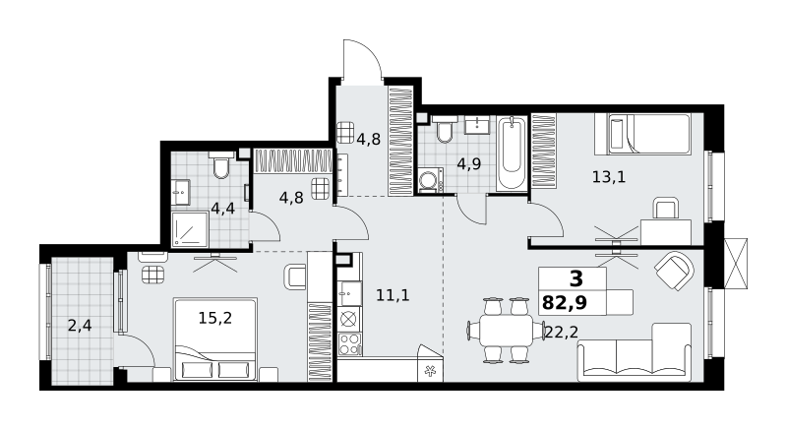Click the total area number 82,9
click(565, 304)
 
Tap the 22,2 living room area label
click(561, 332)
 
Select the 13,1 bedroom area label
click(609, 177)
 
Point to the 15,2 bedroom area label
click(215, 318)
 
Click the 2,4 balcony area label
click(80, 326)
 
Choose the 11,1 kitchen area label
click(393, 295)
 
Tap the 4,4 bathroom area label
click(223, 208)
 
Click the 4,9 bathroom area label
click(469, 164)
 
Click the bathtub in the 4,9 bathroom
click(512, 154)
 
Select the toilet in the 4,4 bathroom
click(220, 165)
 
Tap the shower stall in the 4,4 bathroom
click(190, 229)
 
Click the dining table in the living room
click(506, 331)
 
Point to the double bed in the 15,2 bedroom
click(215, 339)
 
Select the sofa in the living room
click(635, 352)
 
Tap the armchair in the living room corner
click(675, 271)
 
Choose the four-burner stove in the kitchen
click(350, 343)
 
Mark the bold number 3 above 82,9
click(576, 277)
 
